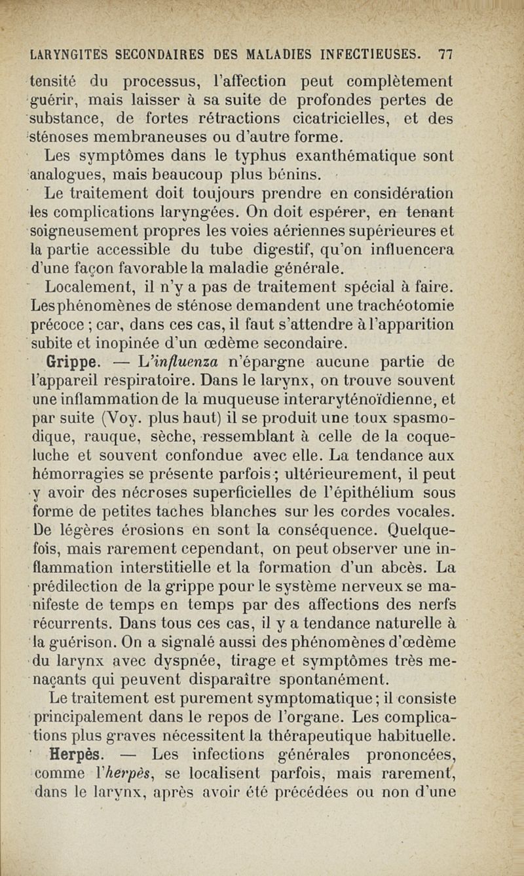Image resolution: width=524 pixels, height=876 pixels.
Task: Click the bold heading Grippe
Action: [x=71, y=361]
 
